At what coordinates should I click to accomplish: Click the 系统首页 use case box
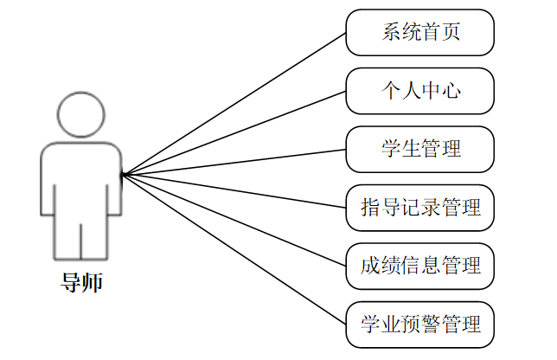[419, 33]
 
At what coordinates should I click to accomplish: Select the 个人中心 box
[419, 91]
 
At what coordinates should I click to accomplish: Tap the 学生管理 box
[419, 149]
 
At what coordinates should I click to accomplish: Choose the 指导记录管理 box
[419, 208]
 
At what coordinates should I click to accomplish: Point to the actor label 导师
[81, 282]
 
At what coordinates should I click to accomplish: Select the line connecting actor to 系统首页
[234, 104]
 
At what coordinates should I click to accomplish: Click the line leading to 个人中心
[234, 132]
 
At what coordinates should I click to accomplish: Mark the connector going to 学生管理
[234, 162]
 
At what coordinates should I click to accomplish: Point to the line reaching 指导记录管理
[234, 191]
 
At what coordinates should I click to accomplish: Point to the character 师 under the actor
[92, 282]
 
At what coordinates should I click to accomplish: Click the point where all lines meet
[122, 175]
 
